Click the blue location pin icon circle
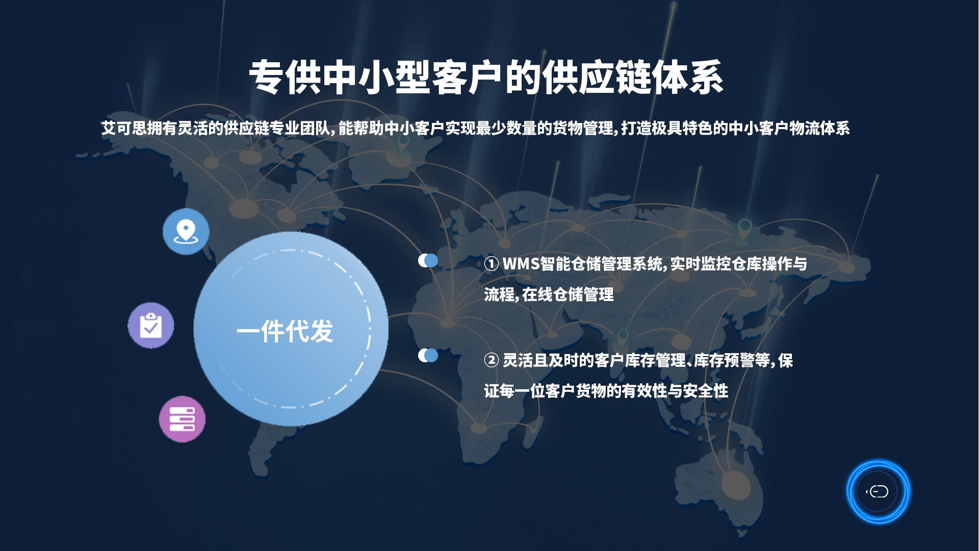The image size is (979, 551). click(186, 232)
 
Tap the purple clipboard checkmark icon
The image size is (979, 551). click(151, 325)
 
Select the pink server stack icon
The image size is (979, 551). click(182, 419)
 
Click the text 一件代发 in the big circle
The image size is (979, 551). click(285, 331)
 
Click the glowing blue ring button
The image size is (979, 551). click(878, 492)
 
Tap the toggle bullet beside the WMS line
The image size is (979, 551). click(428, 261)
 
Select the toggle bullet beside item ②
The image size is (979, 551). click(428, 355)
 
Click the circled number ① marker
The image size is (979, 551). click(492, 264)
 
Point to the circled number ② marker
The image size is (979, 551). click(492, 360)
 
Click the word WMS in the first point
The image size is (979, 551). click(521, 264)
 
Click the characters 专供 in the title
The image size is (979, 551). click(285, 77)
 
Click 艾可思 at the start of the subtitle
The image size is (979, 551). click(124, 128)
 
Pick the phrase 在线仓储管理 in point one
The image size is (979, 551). click(568, 294)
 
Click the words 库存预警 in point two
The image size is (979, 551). click(724, 360)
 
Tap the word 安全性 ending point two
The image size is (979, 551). click(706, 391)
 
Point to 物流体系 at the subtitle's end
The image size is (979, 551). click(819, 128)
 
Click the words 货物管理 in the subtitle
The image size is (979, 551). click(583, 128)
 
